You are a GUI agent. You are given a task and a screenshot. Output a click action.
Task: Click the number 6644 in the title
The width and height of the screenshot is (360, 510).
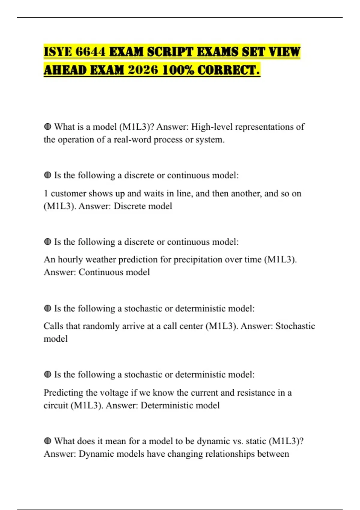click(x=90, y=52)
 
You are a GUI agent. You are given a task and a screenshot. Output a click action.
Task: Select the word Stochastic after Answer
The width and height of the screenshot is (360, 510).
click(x=295, y=326)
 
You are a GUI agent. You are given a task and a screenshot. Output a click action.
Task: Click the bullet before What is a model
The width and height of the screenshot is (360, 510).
click(x=47, y=127)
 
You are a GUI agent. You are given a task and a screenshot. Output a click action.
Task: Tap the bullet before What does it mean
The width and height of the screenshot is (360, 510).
click(x=47, y=441)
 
